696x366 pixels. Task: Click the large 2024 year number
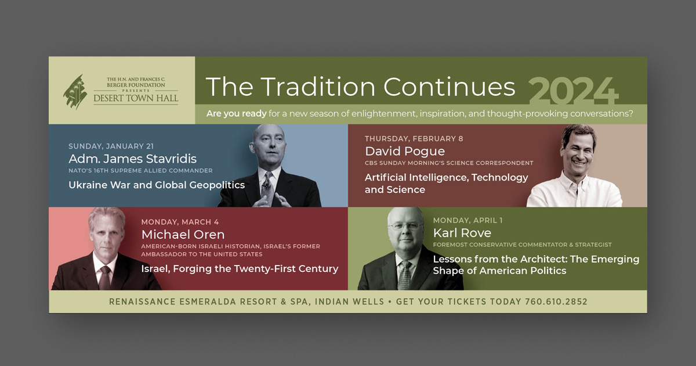pos(573,91)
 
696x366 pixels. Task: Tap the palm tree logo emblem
pos(75,92)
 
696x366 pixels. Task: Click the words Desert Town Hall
pos(136,98)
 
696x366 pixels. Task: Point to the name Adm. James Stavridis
pos(133,159)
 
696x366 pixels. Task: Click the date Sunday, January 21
pos(111,146)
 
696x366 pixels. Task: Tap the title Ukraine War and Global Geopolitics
pos(157,185)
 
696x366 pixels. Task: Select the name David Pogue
pos(405,151)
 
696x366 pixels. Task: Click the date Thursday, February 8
pos(414,138)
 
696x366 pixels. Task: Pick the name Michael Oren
pos(183,234)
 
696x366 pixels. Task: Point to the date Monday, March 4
pos(180,222)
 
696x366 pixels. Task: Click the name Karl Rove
pos(462,233)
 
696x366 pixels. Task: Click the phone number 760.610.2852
pos(556,302)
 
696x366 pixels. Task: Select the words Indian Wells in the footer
pos(350,302)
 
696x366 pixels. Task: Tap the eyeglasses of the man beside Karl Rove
pos(405,226)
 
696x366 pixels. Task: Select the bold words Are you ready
pos(237,114)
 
